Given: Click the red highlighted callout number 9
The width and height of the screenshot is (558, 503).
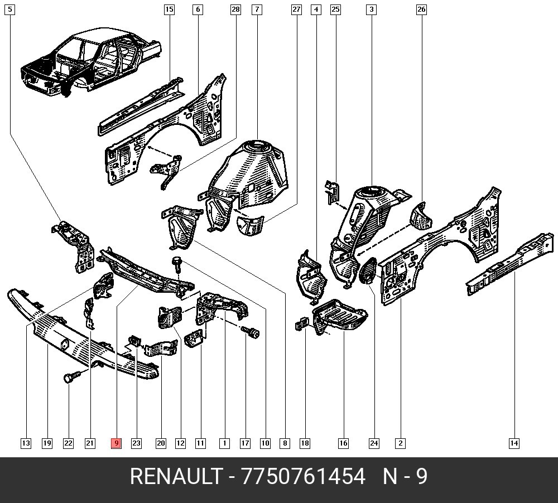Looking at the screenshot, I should click(x=116, y=443).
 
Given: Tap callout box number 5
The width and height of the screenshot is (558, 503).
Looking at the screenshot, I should click(x=11, y=9).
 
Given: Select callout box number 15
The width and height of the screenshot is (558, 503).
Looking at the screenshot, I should click(x=169, y=9).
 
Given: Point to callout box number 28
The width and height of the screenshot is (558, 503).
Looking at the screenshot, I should click(x=235, y=9).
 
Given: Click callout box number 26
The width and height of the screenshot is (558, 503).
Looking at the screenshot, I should click(x=421, y=9).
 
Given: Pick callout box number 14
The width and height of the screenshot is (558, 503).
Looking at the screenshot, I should click(x=514, y=443).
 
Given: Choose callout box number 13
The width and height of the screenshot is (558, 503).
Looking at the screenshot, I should click(x=26, y=443).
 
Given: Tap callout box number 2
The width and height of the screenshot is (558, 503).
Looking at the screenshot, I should click(x=400, y=443).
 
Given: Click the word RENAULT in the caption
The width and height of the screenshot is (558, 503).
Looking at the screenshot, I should click(x=175, y=478).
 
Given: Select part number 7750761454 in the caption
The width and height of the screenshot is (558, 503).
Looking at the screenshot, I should click(x=303, y=478).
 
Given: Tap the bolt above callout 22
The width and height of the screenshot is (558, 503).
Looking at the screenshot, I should click(x=71, y=378).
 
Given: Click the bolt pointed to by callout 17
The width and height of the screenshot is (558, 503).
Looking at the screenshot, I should click(x=253, y=333).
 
